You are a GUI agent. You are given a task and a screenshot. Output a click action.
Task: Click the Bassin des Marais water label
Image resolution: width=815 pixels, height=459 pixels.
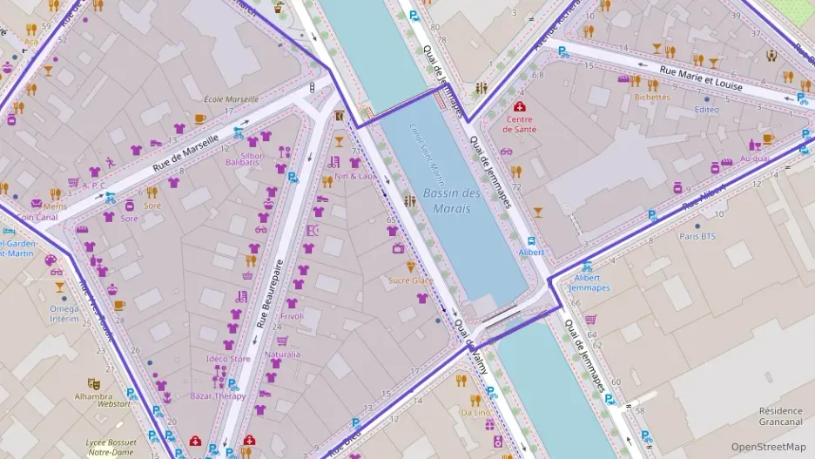pyautogui.click(x=452, y=200)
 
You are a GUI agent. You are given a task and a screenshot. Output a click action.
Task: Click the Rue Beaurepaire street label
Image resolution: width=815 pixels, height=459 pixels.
pyautogui.click(x=269, y=294)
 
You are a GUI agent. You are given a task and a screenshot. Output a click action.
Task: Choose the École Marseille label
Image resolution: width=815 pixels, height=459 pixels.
pyautogui.click(x=231, y=98)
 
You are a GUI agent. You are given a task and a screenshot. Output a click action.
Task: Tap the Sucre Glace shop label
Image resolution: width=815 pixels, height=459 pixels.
pyautogui.click(x=410, y=280)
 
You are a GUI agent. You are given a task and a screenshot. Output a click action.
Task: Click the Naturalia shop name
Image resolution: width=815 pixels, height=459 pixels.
pyautogui.click(x=282, y=354)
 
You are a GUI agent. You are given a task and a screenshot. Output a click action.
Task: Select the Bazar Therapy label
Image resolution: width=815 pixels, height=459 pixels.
pyautogui.click(x=218, y=396)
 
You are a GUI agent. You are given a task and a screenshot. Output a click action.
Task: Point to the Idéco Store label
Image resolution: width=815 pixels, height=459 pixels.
pyautogui.click(x=228, y=359)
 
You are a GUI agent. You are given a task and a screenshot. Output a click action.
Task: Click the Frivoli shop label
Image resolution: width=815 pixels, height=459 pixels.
pyautogui.click(x=292, y=316)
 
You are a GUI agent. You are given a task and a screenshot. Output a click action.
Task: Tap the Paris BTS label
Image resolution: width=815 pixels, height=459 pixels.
pyautogui.click(x=697, y=236)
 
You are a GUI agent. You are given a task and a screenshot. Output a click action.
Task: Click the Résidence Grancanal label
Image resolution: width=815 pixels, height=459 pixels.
pyautogui.click(x=780, y=416)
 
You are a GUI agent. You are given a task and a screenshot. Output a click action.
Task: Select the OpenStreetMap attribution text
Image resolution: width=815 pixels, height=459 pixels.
pyautogui.click(x=768, y=447)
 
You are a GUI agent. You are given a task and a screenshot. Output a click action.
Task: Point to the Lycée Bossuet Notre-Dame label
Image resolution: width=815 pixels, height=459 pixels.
pyautogui.click(x=114, y=447)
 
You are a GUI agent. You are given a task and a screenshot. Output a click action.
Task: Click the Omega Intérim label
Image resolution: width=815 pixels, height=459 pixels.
pyautogui.click(x=64, y=314)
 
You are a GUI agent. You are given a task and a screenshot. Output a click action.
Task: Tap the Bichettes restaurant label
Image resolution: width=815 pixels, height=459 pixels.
pyautogui.click(x=652, y=98)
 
